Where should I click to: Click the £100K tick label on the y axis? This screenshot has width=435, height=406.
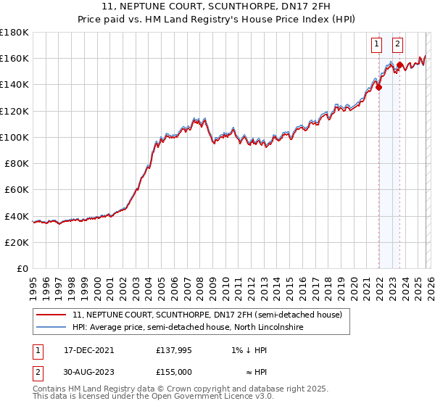coord(14,137)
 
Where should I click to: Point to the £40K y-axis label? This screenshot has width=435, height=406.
coord(16,216)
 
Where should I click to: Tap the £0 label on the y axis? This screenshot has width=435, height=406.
coord(23,269)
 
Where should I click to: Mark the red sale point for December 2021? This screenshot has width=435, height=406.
coord(378,88)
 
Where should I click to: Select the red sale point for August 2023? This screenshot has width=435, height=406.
coord(399,65)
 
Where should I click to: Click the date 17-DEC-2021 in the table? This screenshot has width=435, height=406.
coord(89,349)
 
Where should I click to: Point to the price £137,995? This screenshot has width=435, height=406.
coord(174,349)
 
